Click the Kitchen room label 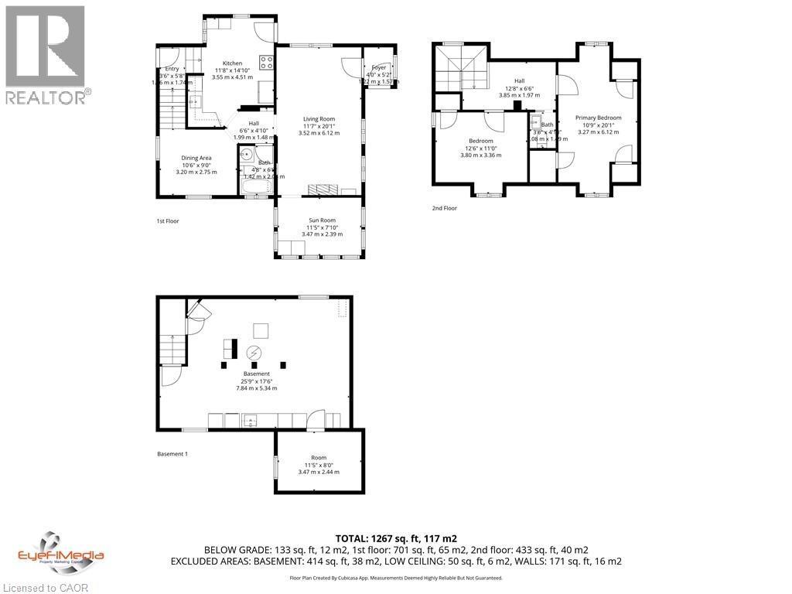[232, 63]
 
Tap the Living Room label [319, 119]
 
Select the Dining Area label [196, 158]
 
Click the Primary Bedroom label [597, 118]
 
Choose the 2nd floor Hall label [520, 80]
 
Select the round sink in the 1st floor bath [246, 152]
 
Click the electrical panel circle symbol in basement [254, 353]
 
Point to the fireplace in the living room [323, 190]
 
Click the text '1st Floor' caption [168, 221]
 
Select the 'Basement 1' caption [172, 454]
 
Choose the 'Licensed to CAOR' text [45, 587]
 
